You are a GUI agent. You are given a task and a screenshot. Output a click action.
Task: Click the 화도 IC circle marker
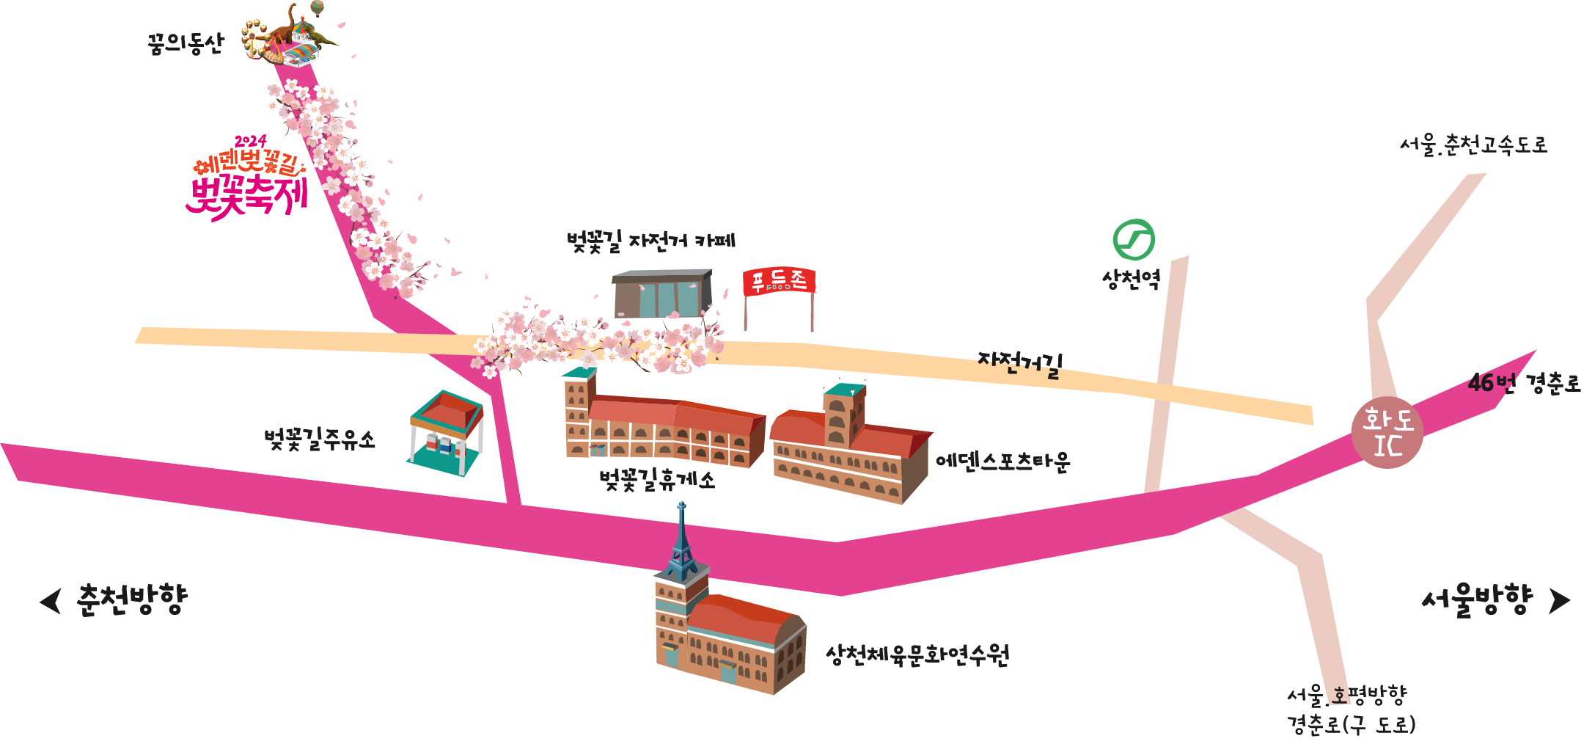(x=1387, y=433)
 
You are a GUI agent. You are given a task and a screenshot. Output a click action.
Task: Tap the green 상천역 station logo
(x=1133, y=240)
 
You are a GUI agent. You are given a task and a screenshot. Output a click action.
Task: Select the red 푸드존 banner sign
(x=779, y=282)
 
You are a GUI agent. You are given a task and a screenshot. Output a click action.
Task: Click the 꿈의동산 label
(x=185, y=45)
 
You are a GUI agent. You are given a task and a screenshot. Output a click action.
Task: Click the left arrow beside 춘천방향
(x=51, y=601)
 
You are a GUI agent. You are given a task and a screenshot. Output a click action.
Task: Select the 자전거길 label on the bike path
(x=1020, y=363)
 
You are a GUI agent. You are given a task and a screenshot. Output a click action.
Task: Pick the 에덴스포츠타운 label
(x=1002, y=462)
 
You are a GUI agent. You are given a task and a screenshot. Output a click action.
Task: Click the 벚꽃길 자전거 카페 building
(x=662, y=293)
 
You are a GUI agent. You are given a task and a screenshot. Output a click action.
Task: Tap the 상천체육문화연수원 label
(x=917, y=654)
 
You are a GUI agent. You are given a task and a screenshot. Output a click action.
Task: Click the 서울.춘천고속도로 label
(x=1473, y=145)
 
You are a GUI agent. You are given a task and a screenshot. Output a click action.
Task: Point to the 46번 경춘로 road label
(x=1523, y=382)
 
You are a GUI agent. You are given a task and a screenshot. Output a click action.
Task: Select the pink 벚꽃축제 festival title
(x=249, y=197)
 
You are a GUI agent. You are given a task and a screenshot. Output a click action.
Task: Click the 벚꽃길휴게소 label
(x=656, y=480)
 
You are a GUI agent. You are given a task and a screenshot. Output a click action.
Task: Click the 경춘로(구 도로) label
(x=1351, y=725)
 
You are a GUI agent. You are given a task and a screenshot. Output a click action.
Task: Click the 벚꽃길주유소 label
(x=320, y=440)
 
